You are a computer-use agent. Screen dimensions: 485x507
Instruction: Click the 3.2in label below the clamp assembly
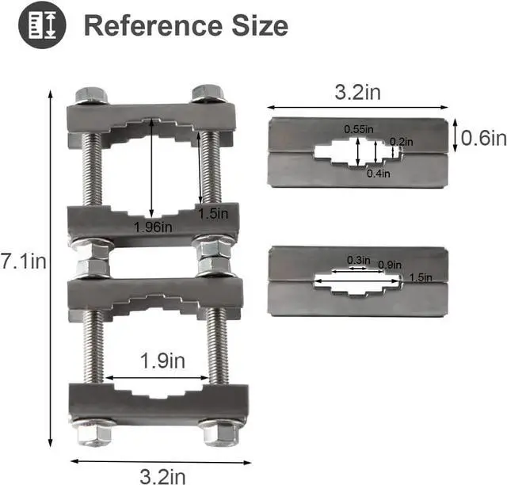tap(162, 475)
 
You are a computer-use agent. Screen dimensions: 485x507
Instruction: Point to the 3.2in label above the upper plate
tap(356, 93)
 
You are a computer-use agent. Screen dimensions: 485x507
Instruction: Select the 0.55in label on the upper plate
tap(359, 129)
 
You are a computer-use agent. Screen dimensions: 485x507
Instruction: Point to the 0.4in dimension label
tap(377, 173)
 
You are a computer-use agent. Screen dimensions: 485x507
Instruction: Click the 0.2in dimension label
tap(401, 141)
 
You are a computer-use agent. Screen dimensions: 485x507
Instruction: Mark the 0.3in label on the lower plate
tap(358, 260)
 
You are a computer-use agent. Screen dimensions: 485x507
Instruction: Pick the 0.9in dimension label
tap(390, 264)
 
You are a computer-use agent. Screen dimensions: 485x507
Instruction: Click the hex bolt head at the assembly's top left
tap(92, 95)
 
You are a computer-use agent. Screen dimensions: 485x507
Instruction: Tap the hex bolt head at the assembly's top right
tap(208, 93)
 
